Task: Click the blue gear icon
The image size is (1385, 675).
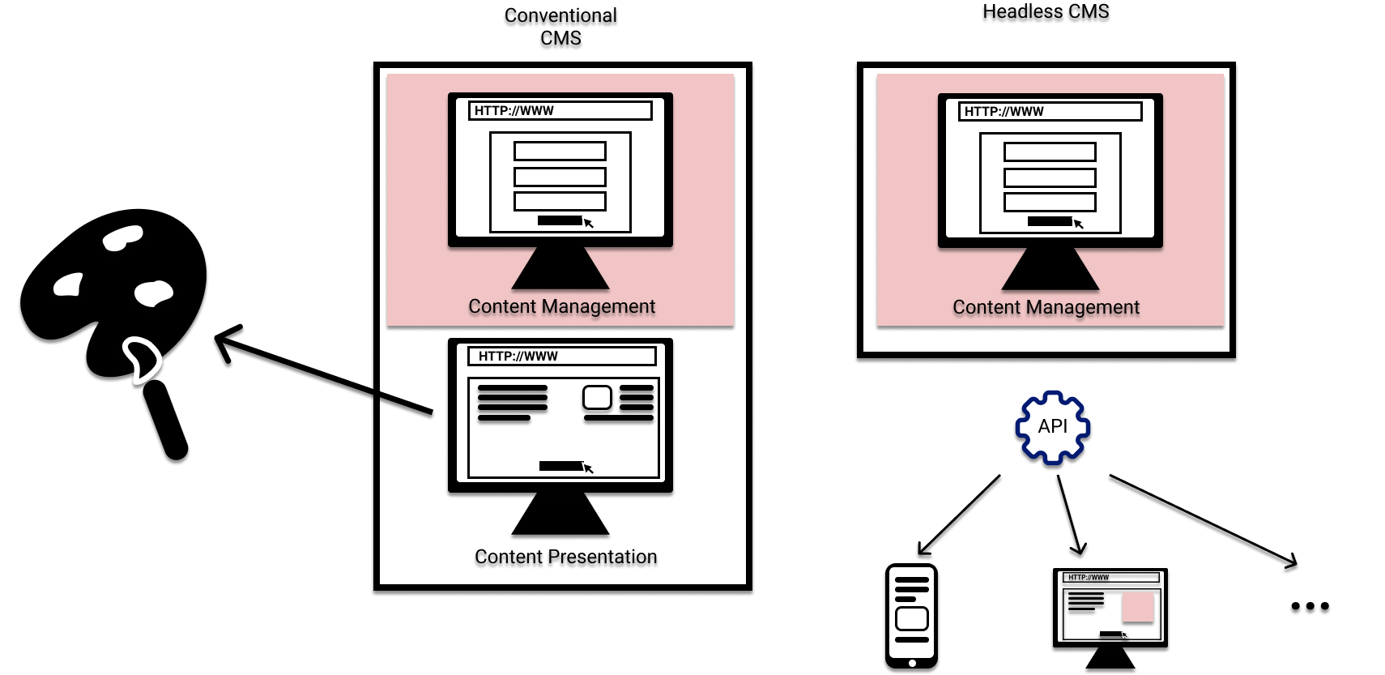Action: click(x=1052, y=428)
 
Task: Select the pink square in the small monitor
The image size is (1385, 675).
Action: click(x=1137, y=608)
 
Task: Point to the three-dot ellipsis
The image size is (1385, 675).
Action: click(x=1309, y=609)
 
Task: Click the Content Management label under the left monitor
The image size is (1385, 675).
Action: click(x=561, y=307)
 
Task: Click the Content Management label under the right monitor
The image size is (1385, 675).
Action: click(x=1046, y=308)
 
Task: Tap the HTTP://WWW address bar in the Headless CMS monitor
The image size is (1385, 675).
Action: click(x=1050, y=112)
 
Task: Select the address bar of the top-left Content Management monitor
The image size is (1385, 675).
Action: click(x=560, y=111)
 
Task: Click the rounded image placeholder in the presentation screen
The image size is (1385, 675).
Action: click(x=598, y=398)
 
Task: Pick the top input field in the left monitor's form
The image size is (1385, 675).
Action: click(x=560, y=152)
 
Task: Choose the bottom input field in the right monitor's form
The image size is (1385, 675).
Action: click(x=1050, y=203)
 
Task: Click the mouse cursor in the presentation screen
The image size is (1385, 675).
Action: click(x=589, y=468)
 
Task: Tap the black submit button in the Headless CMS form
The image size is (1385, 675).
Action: click(x=1049, y=221)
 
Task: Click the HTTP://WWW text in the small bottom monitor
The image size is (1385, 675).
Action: click(x=1089, y=578)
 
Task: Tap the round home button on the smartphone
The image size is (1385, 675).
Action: click(x=912, y=663)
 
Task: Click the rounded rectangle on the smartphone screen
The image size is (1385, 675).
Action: click(x=912, y=619)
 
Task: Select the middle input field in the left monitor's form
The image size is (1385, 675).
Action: click(x=560, y=177)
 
